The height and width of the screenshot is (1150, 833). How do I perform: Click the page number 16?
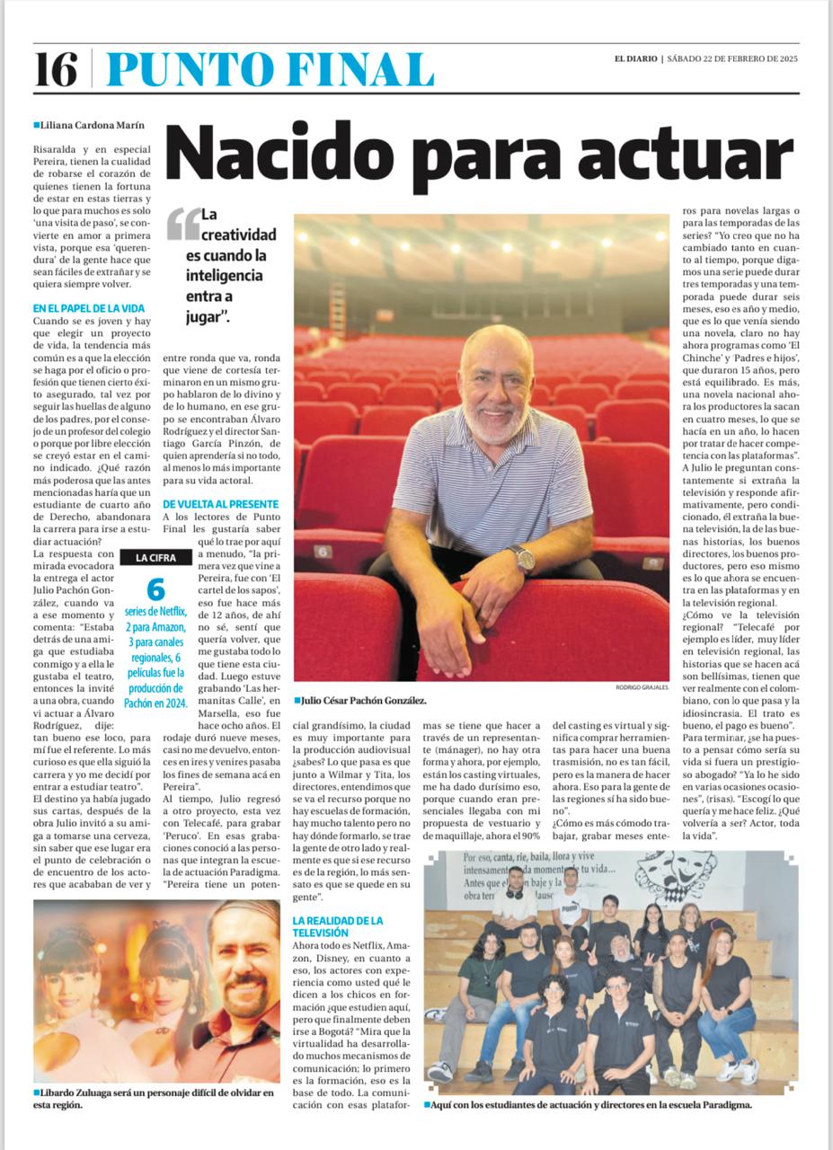pos(56,69)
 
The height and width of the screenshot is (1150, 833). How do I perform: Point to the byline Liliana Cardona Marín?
pos(89,126)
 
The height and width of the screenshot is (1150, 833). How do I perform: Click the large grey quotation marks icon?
pos(182,224)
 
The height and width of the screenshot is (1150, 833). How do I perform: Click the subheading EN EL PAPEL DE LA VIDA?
pos(88,308)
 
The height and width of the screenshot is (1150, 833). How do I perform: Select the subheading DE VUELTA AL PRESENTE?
pos(221,504)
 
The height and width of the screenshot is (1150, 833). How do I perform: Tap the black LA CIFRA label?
pos(156,558)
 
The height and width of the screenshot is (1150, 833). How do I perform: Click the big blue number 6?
pos(155,589)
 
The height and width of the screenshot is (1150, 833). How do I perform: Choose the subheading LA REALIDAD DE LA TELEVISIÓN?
pos(337,926)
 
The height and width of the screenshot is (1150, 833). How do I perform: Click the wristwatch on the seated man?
pos(521,558)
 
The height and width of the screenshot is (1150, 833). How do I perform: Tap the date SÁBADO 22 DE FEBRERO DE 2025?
pos(733,59)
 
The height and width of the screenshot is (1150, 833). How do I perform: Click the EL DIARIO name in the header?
pos(635,59)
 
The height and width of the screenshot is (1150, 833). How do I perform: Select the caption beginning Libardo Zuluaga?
pos(153,1098)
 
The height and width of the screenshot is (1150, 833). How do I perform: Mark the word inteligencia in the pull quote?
pos(224,275)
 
